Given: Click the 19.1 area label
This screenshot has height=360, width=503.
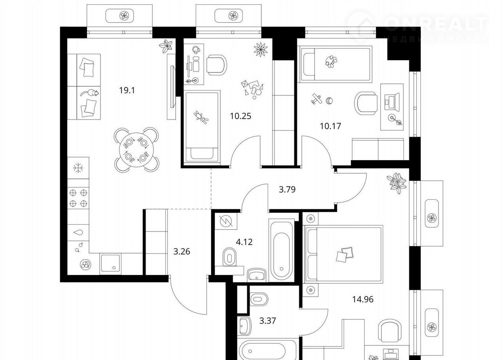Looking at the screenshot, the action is [x=127, y=91].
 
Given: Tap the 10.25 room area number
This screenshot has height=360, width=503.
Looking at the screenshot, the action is [x=240, y=116].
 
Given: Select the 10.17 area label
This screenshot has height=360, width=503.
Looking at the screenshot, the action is [x=330, y=126].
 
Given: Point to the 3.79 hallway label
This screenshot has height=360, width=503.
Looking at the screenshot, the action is [x=287, y=189].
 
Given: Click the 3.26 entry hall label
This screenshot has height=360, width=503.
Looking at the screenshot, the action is [x=182, y=252].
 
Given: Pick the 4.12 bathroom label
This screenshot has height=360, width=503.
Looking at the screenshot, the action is [x=244, y=242].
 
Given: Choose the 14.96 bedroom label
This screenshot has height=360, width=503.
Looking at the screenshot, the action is [x=363, y=299].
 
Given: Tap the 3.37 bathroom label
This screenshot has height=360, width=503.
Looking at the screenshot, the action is [x=268, y=321].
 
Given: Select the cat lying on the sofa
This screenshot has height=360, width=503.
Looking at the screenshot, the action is [x=90, y=93].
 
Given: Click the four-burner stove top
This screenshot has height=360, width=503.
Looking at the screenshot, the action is [x=78, y=198].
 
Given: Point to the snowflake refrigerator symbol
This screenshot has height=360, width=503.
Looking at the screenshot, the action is [x=78, y=168].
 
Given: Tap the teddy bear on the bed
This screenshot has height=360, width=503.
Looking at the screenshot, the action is [x=201, y=117].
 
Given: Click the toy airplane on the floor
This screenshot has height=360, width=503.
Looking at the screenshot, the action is [x=317, y=99].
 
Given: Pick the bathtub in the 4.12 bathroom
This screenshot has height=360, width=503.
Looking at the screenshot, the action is [x=282, y=250].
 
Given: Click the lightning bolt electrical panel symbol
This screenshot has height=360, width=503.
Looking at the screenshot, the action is [x=226, y=221].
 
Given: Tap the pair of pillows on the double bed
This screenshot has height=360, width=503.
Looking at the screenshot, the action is [x=345, y=254].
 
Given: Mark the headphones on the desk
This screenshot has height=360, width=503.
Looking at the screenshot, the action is [x=196, y=49].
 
